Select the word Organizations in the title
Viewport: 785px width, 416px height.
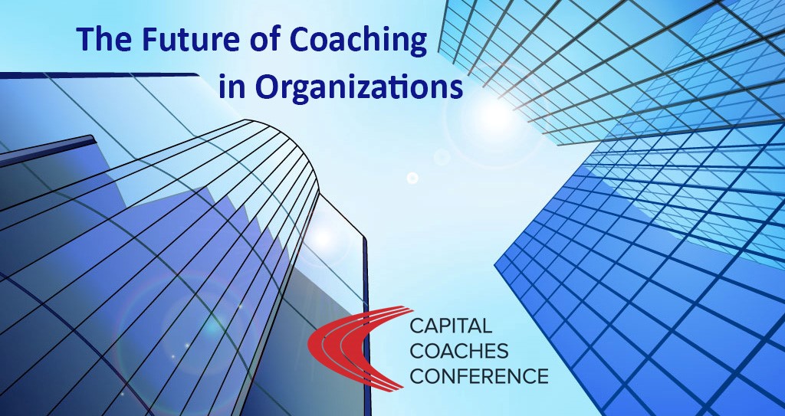[359, 88]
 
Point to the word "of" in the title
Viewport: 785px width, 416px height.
[264, 39]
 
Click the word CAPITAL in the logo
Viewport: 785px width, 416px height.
[451, 326]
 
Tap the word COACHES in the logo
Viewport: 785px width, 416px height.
[459, 350]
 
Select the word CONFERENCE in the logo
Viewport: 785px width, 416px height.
[478, 375]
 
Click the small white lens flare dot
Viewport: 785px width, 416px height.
[412, 178]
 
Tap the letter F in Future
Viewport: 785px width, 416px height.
[150, 40]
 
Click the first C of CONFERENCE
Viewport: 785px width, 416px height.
[419, 376]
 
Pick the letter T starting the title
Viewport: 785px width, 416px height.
[85, 40]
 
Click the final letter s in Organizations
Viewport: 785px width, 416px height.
[455, 91]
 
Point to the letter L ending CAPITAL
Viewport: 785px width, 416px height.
[486, 326]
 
